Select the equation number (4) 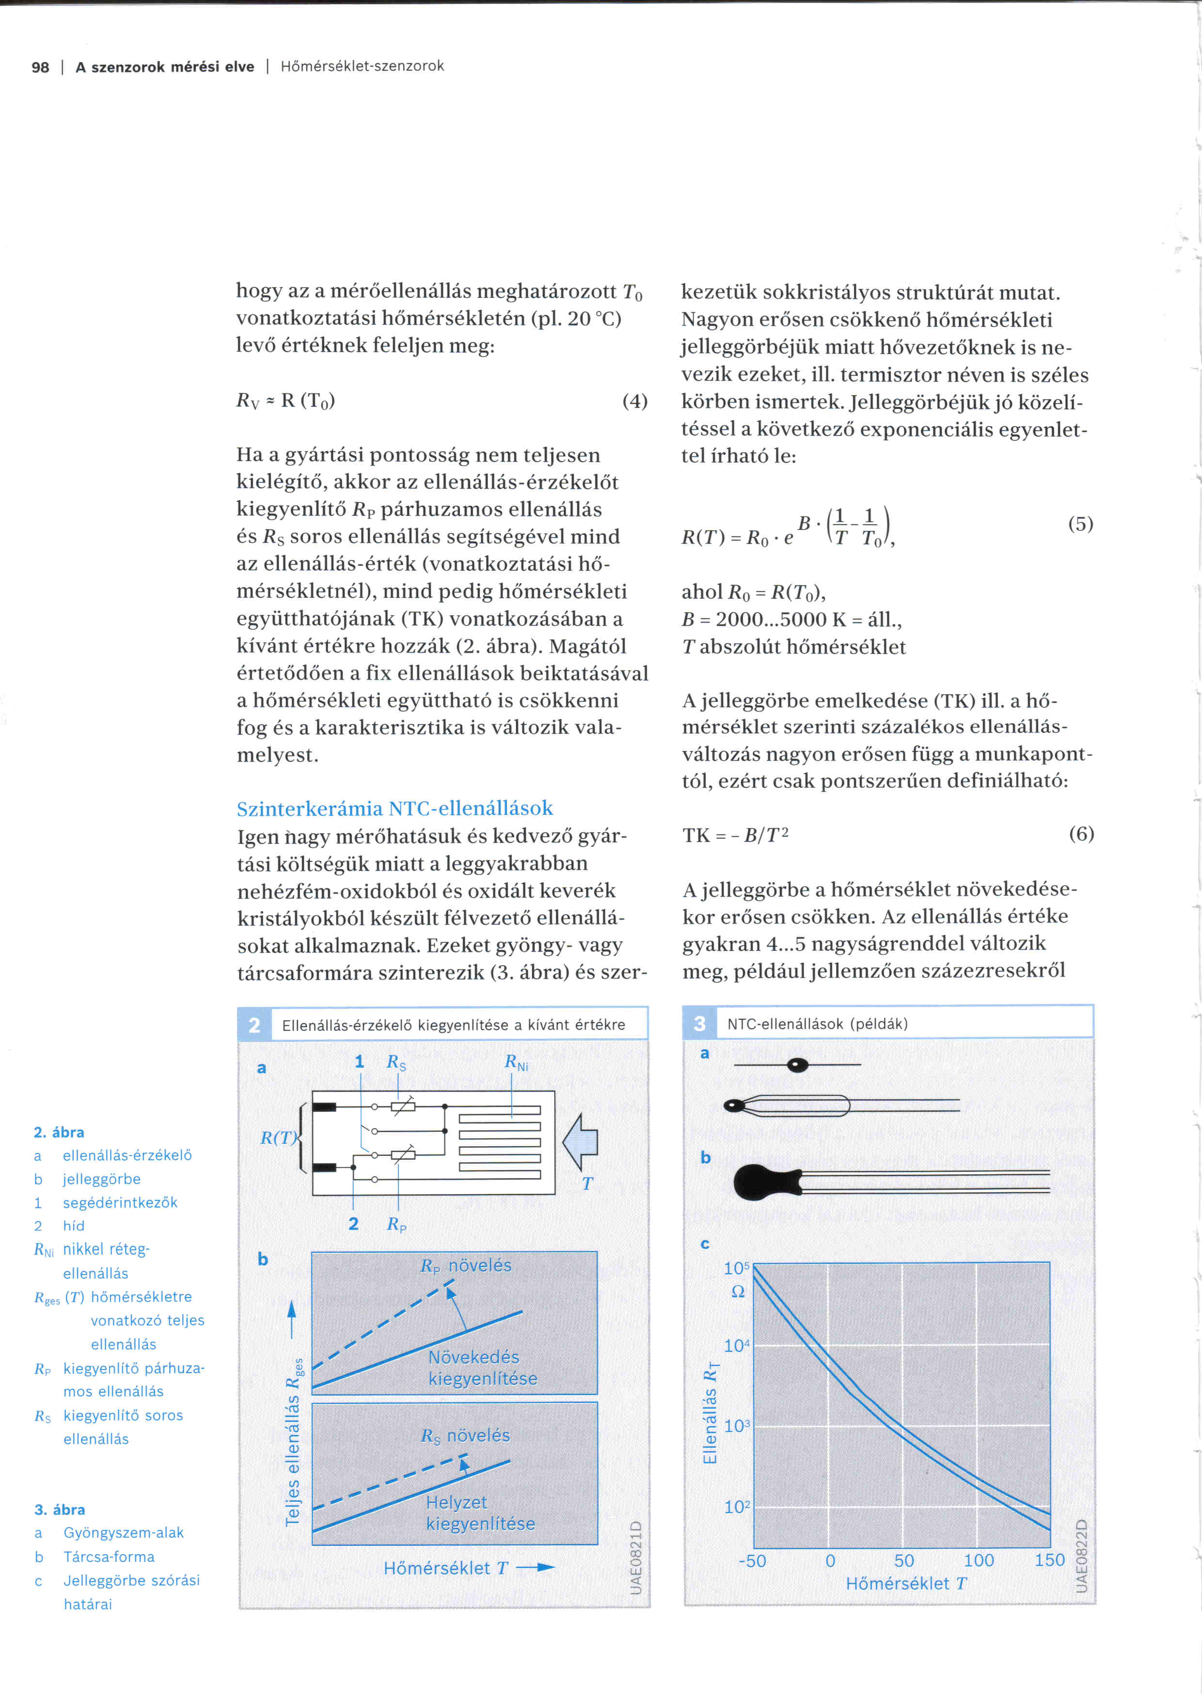[634, 401]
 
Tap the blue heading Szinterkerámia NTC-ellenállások [395, 808]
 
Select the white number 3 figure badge [699, 1023]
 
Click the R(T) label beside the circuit [278, 1138]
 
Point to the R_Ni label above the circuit [516, 1062]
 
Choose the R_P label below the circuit [396, 1225]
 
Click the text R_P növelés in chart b [466, 1266]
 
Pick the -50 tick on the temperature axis [752, 1561]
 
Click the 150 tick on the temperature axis [1049, 1560]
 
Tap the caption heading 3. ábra [59, 1510]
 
